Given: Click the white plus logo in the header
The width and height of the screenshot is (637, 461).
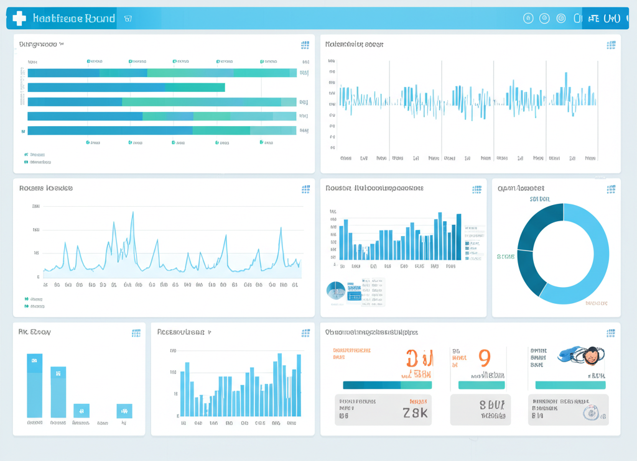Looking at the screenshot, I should [19, 19].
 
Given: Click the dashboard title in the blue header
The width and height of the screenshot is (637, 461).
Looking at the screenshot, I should [74, 19].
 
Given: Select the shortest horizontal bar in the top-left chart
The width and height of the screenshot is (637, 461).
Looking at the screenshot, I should [126, 88].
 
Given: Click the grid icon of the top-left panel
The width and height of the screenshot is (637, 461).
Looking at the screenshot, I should [305, 45].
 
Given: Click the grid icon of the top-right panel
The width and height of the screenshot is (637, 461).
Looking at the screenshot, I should [611, 45].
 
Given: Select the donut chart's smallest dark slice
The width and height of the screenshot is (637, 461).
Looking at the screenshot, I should [531, 272].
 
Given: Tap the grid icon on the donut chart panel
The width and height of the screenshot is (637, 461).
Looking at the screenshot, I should [611, 189].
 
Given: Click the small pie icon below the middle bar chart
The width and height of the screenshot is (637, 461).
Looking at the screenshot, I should [336, 290].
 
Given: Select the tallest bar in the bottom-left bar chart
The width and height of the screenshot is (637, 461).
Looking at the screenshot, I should [35, 385].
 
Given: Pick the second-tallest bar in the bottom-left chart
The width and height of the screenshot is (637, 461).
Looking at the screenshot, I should [58, 391].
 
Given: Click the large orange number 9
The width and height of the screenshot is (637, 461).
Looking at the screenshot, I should [485, 358].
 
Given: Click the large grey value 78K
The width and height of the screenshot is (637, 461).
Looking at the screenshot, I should [416, 413].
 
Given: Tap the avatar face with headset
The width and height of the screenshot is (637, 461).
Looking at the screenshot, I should [591, 355].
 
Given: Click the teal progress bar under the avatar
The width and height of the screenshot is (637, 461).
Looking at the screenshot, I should [570, 385].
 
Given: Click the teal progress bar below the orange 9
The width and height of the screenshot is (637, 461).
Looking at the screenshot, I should [481, 385].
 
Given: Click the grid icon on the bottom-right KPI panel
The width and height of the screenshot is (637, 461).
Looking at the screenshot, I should [611, 333].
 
